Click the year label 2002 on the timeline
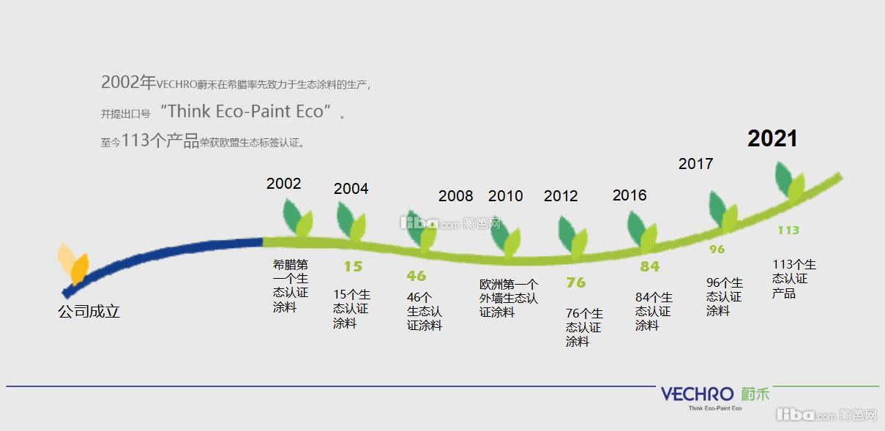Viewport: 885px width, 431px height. [283, 183]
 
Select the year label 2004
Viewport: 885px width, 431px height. [351, 188]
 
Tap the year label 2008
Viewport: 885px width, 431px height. [455, 195]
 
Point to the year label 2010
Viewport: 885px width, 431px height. [505, 195]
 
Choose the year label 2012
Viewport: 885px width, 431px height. [561, 195]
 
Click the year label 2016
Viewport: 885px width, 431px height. [630, 195]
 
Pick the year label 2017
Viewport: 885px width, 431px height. [695, 163]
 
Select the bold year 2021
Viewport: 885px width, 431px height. [772, 138]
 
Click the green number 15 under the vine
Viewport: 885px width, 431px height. [353, 266]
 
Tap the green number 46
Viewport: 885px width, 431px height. [416, 276]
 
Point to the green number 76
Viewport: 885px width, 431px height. [575, 282]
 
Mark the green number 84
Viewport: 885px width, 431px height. [649, 266]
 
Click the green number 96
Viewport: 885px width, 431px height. [717, 249]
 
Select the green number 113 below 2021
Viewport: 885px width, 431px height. [788, 230]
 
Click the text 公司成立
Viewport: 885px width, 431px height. [89, 311]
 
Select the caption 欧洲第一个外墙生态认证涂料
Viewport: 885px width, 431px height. [508, 297]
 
